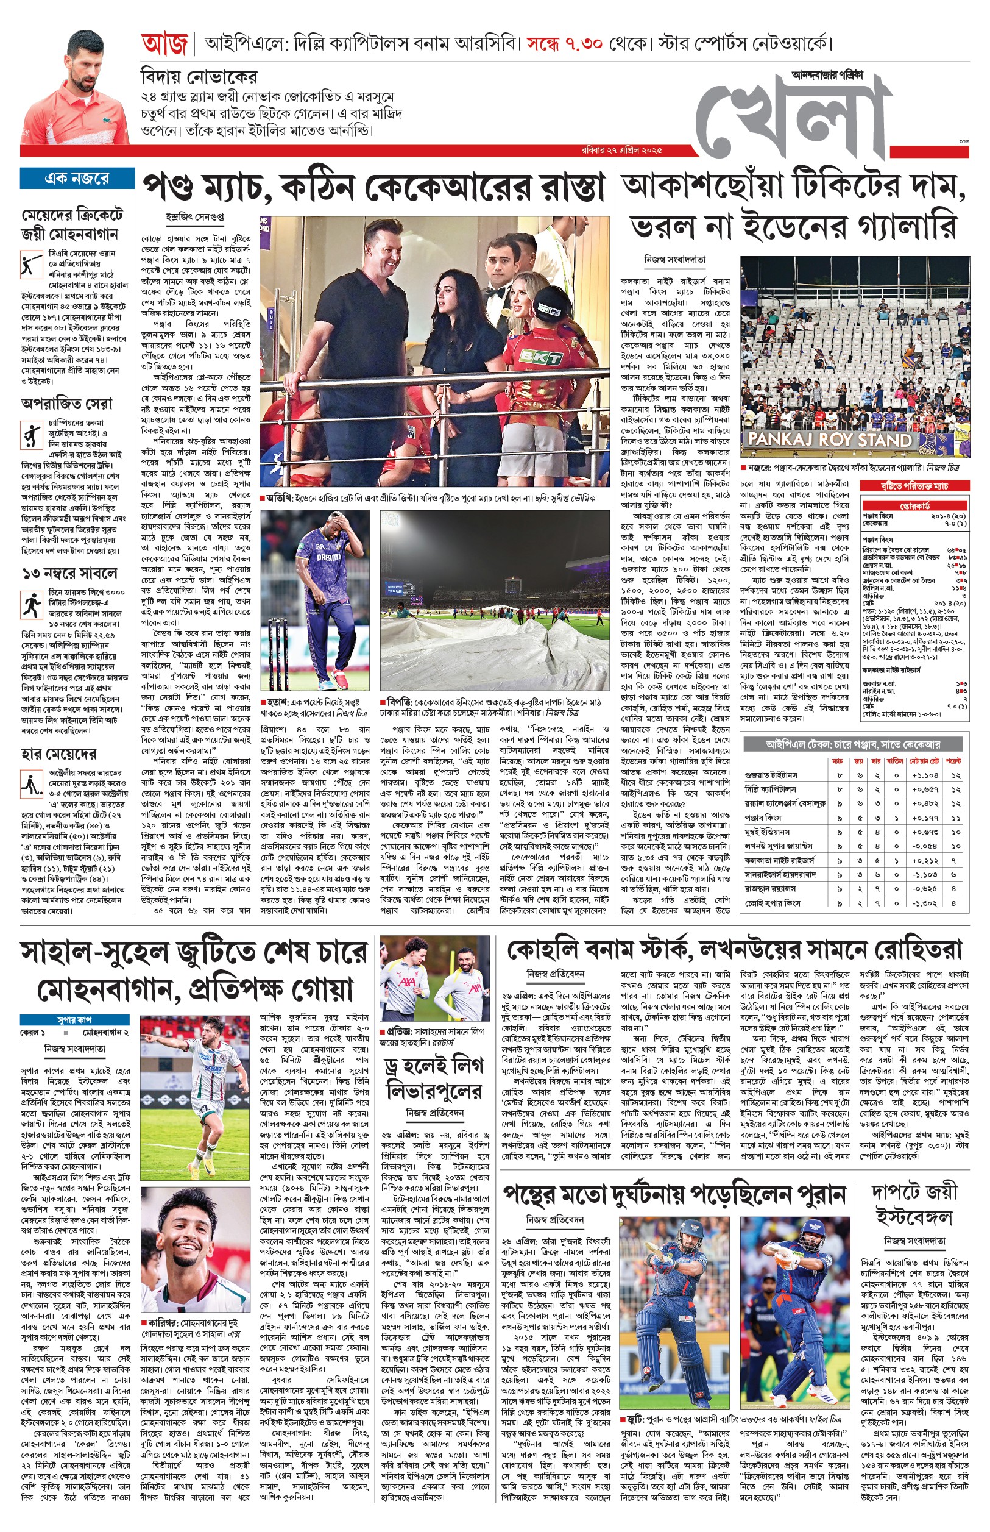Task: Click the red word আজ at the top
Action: coord(164,45)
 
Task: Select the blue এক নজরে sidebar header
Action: coord(77,178)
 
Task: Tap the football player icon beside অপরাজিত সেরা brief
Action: coord(31,435)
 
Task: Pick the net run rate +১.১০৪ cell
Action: coord(924,775)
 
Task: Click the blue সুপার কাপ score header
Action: coord(74,1019)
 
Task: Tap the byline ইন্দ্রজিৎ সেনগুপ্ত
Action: coord(194,218)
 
